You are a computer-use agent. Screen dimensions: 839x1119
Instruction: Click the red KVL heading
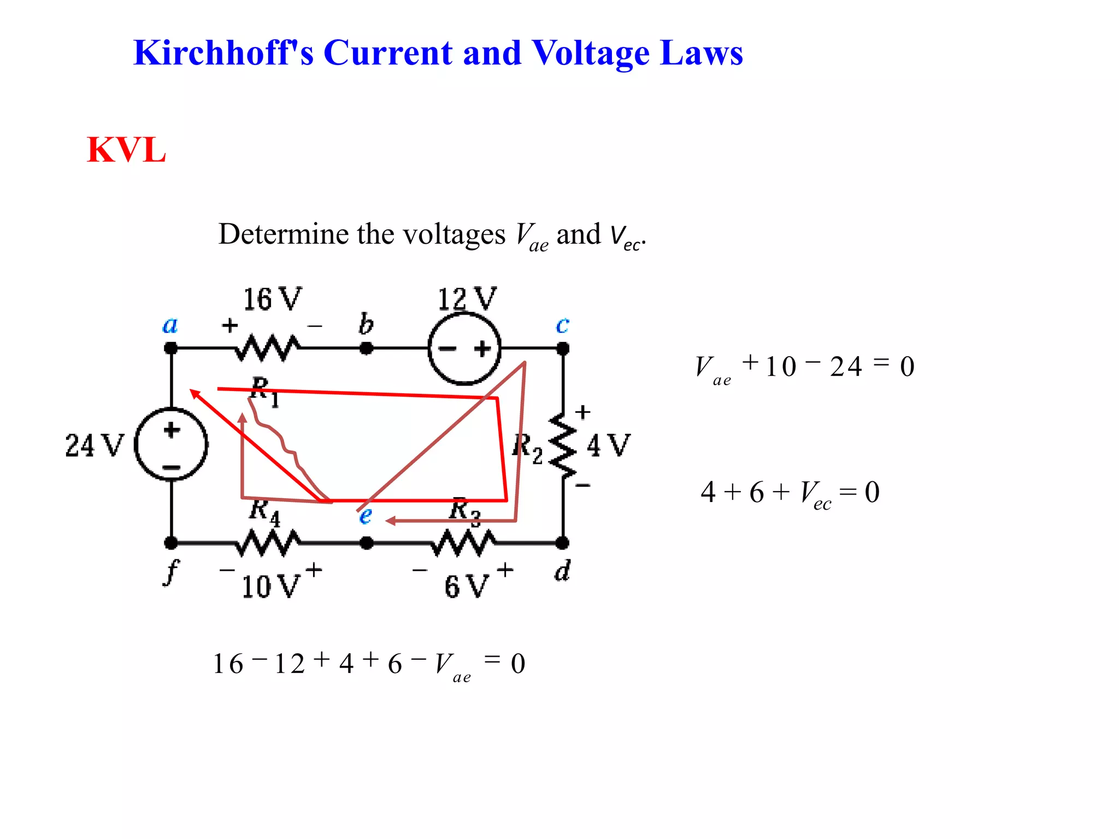(126, 150)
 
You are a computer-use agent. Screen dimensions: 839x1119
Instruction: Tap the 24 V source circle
(171, 444)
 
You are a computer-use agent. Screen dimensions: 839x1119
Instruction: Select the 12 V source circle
(464, 348)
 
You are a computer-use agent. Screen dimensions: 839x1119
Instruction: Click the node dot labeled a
(171, 348)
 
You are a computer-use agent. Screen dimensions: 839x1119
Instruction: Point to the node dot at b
(367, 348)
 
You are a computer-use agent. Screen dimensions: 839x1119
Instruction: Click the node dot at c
(563, 348)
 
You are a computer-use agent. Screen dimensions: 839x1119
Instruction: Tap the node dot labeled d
(562, 542)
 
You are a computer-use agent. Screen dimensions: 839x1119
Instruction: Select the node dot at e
(367, 542)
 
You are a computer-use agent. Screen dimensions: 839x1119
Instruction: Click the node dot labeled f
(171, 542)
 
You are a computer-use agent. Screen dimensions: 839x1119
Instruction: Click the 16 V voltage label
(272, 299)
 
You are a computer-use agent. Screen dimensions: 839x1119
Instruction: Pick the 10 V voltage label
(270, 586)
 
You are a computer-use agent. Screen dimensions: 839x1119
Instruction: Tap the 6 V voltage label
(466, 586)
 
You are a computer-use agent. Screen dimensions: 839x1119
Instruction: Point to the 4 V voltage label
(608, 445)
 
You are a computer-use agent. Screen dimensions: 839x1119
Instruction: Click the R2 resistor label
(527, 448)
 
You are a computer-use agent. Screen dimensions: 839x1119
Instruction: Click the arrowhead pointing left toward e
(390, 521)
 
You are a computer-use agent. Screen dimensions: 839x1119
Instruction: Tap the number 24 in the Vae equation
(845, 367)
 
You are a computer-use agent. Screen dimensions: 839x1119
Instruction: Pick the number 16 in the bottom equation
(228, 664)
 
